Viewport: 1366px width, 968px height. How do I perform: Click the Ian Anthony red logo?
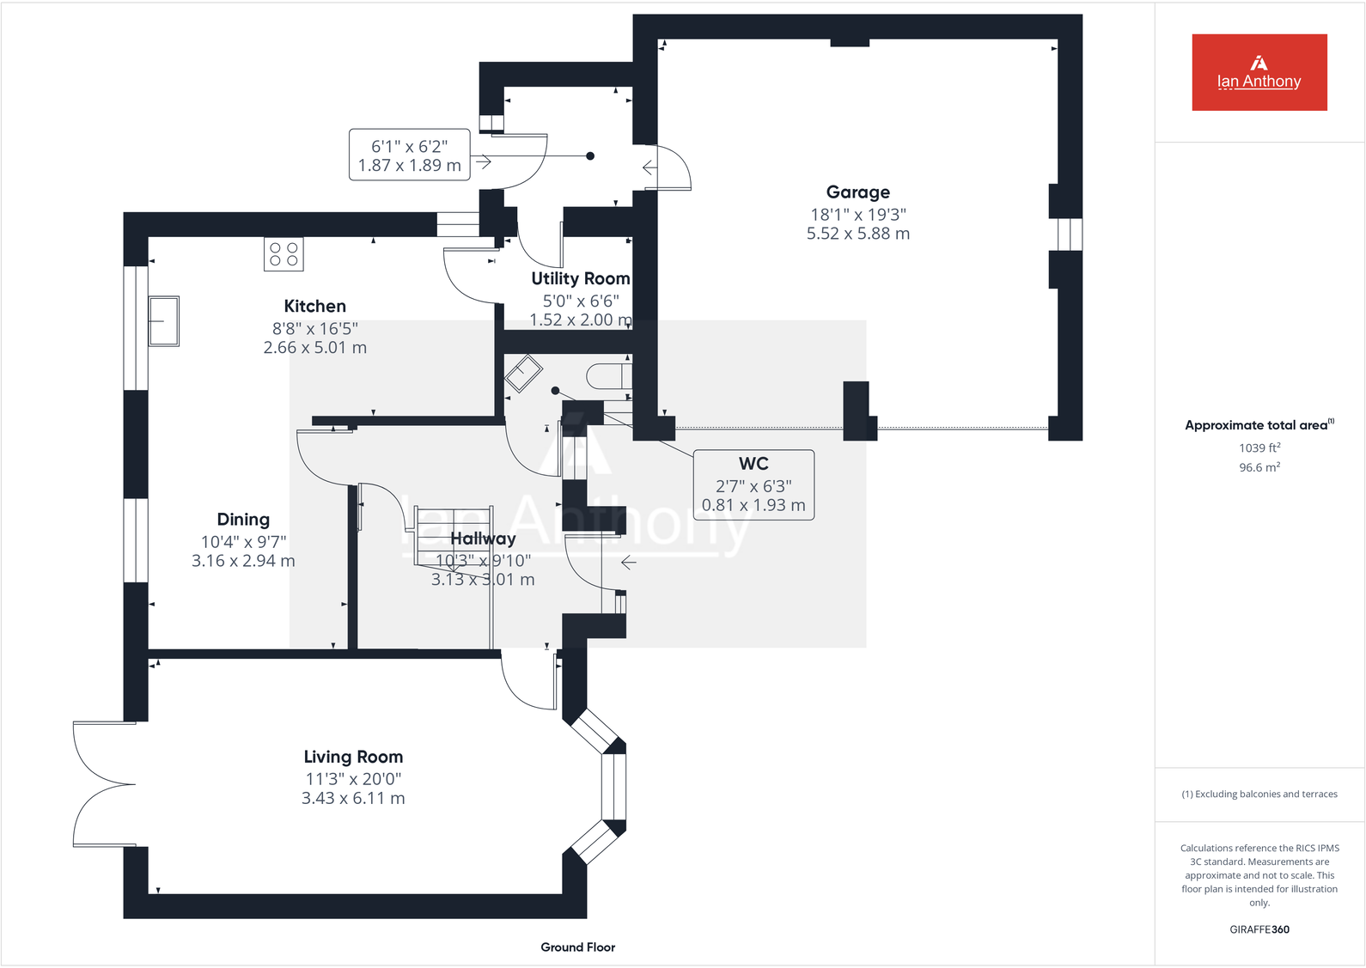coord(1259,72)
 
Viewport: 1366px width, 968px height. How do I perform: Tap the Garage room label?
coord(857,192)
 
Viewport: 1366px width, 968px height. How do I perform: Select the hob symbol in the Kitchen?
coord(284,253)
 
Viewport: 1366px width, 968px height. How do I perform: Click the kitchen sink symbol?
coord(163,321)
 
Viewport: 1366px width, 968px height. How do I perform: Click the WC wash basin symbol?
coord(522,374)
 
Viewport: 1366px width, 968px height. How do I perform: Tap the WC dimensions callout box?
coord(753,485)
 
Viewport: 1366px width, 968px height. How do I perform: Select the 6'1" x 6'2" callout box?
coord(410,155)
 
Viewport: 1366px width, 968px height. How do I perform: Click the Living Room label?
coord(353,757)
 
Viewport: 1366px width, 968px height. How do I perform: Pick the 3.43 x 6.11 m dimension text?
coord(353,798)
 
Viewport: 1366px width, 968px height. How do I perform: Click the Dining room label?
coord(243,520)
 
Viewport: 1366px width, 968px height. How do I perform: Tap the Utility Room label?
coord(580,278)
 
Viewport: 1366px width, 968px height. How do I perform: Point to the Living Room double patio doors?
coord(103,784)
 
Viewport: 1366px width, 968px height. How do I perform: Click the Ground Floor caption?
coord(577,947)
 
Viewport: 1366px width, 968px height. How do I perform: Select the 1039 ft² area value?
coord(1259,447)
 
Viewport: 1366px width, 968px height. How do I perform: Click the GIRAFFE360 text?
coord(1259,929)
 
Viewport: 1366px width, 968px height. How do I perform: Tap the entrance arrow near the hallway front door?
coord(629,563)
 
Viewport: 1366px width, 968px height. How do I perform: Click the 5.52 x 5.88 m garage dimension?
coord(857,234)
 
